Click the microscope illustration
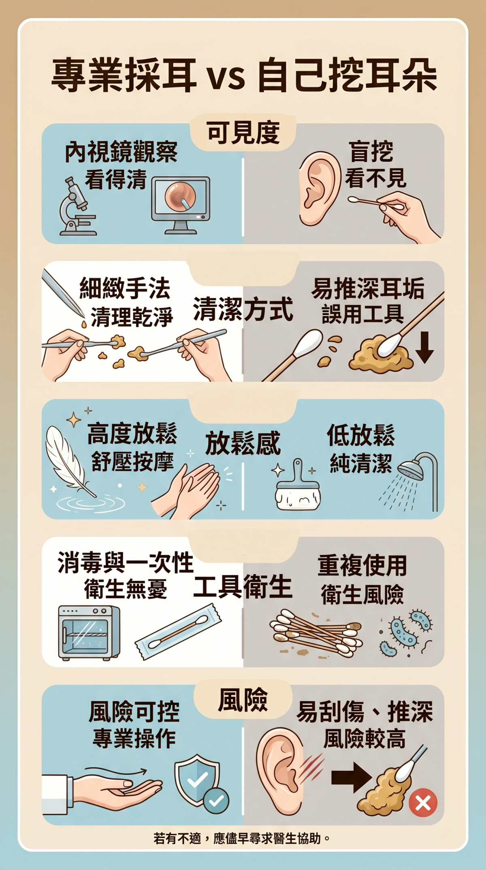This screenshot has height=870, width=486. [x=77, y=206]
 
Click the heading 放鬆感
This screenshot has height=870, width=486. [x=243, y=443]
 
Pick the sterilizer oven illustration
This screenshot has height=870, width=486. [x=89, y=633]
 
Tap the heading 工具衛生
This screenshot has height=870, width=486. [x=243, y=588]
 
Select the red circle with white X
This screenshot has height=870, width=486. [x=423, y=803]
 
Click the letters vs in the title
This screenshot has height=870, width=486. [x=226, y=79]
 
